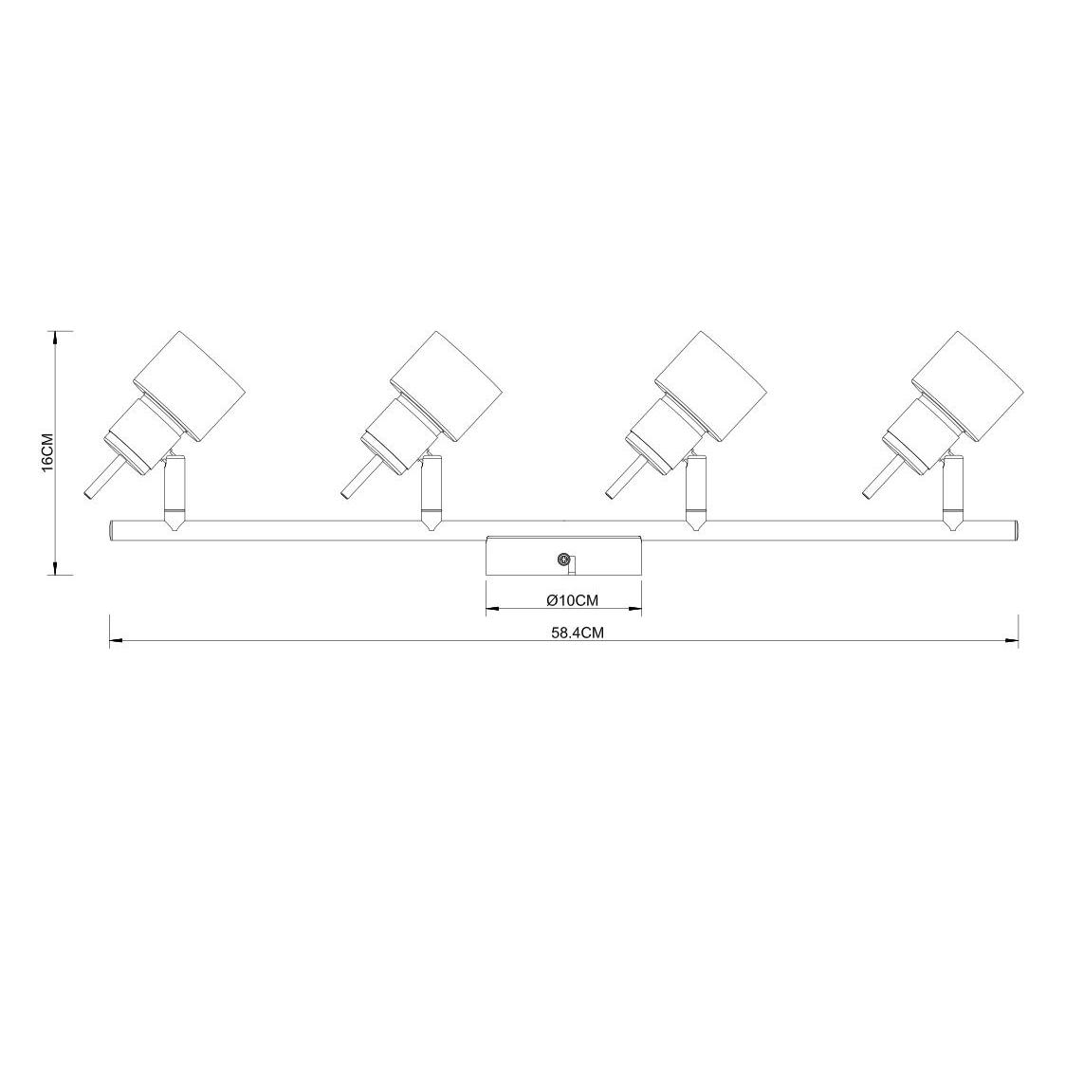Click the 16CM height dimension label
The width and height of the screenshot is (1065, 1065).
pos(47,452)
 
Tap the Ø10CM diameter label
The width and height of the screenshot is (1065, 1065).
pos(573,599)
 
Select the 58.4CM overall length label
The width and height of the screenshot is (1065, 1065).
pos(578,633)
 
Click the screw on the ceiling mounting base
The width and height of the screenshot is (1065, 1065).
pos(562,559)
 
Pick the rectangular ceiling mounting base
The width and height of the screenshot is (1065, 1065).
pos(563,556)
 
